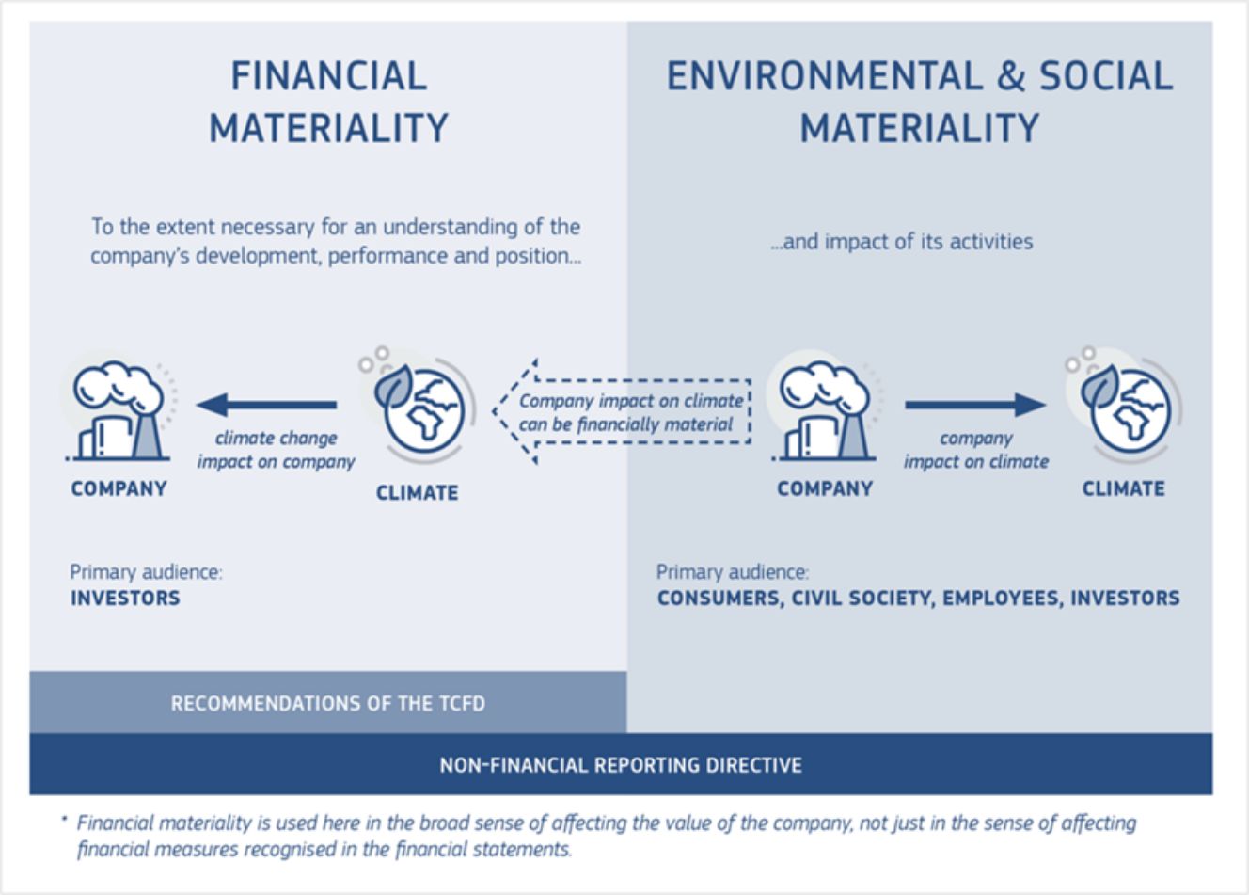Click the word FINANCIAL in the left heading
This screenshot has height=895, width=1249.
(329, 76)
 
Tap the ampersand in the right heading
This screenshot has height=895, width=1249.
(1011, 76)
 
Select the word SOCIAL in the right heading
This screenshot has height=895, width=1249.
(1106, 76)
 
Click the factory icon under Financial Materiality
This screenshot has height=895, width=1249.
(119, 410)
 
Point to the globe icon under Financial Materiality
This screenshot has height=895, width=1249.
(419, 408)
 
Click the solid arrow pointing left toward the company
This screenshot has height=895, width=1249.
(266, 405)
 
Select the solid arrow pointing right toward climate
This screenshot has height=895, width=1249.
(975, 405)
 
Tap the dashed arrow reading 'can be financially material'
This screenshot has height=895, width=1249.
(622, 412)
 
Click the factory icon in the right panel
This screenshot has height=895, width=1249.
(824, 410)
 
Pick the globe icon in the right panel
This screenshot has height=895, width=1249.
(1125, 408)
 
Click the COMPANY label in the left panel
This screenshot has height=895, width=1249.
(119, 488)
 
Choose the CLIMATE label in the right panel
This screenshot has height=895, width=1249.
(1124, 488)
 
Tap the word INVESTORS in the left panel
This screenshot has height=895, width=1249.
(125, 599)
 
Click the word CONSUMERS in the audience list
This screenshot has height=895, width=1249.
(719, 599)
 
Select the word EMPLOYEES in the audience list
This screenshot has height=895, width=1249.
(1002, 599)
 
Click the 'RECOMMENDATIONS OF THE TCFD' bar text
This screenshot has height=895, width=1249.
(328, 704)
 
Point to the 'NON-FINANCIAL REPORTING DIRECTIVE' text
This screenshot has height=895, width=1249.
(621, 765)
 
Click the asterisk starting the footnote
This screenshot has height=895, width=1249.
(65, 819)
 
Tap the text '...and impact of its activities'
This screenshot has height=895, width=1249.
(902, 242)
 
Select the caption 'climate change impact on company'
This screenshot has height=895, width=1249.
(276, 450)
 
